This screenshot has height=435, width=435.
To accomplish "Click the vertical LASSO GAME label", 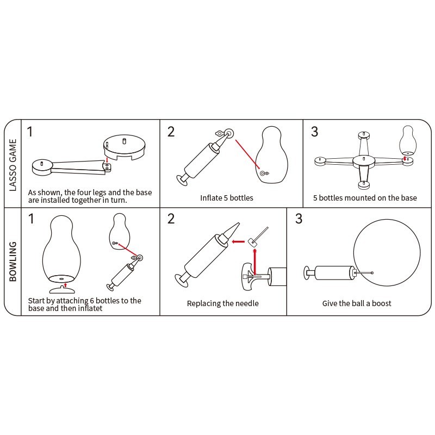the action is point(13,165).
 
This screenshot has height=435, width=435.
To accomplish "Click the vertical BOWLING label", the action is point(13,262).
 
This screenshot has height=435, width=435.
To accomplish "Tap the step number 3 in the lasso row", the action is point(314,132).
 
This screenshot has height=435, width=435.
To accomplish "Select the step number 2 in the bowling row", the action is point(171,219).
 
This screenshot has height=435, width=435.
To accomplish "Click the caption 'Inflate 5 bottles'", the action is point(227,198).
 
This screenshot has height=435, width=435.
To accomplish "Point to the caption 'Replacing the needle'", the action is point(222,303).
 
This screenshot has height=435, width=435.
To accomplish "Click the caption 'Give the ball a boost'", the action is point(357,303).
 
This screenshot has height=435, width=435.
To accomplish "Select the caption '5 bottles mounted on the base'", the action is point(365,198).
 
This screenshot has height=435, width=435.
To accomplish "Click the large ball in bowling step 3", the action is point(387,253).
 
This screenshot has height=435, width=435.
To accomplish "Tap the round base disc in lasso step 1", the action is point(125,147).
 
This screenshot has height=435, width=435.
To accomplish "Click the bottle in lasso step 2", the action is point(271,155).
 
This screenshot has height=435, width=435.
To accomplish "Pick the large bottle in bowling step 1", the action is point(61,248).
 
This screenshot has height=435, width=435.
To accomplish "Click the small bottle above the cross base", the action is point(408,141).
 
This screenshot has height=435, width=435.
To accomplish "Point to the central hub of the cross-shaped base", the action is point(363,161).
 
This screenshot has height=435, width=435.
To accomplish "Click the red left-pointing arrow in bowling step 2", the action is point(238,241).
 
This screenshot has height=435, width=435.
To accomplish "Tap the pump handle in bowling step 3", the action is point(307,273).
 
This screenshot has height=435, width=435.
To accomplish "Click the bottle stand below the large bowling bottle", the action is point(62,290).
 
